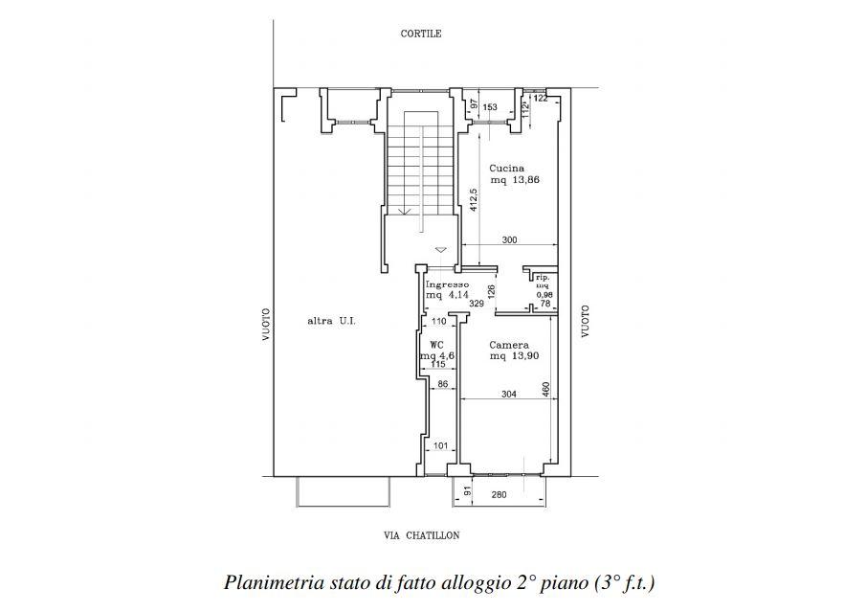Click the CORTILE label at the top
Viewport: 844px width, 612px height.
[x=420, y=34]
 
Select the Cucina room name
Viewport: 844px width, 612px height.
[x=507, y=168]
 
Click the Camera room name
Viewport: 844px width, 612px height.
[x=509, y=345]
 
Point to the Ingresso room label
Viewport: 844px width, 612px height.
[x=447, y=284]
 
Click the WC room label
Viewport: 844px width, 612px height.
[x=435, y=345]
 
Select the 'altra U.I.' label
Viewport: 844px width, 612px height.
[x=331, y=321]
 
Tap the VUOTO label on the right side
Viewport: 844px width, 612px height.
[x=585, y=321]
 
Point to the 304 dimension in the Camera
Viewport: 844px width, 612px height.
[x=509, y=393]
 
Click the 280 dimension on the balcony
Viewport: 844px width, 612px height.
[x=498, y=494]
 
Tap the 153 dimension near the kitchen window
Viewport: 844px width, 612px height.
[x=490, y=107]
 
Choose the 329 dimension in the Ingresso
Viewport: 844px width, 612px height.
[x=477, y=304]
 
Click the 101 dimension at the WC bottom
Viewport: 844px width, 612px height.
[x=441, y=445]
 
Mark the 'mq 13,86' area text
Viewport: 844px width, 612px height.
[x=509, y=179]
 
